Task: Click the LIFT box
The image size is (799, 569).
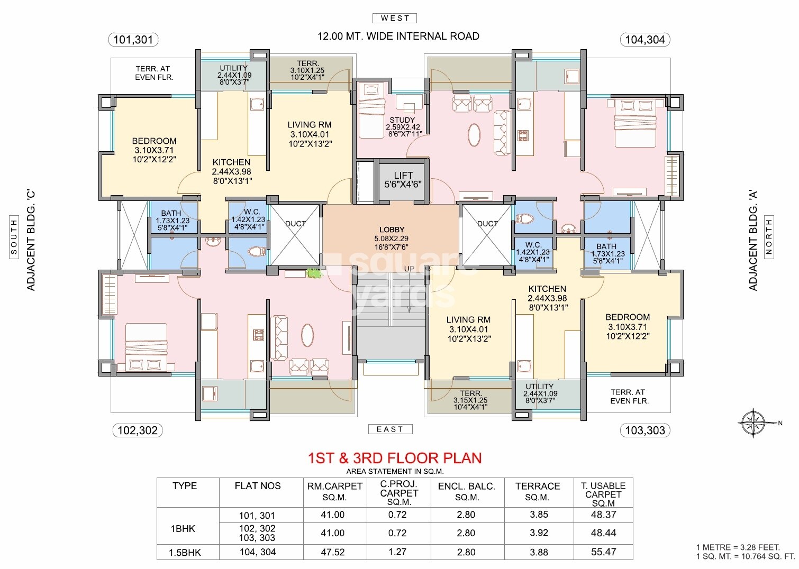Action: (x=403, y=180)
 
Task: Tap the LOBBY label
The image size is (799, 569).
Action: (x=392, y=230)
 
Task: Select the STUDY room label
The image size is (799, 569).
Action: (x=402, y=120)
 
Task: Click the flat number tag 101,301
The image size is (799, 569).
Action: (x=133, y=39)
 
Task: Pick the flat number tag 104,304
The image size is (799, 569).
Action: (x=644, y=39)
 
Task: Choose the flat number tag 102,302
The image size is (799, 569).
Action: (x=137, y=430)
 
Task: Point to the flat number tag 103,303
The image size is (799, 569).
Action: (x=644, y=430)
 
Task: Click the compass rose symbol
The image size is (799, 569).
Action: (x=754, y=423)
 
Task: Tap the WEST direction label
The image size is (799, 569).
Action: (x=395, y=18)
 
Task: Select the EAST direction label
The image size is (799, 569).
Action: (x=390, y=429)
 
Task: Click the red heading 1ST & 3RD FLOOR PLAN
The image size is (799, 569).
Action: (x=395, y=458)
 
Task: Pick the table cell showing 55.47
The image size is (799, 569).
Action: (x=603, y=552)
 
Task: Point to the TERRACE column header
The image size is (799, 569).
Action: (x=538, y=486)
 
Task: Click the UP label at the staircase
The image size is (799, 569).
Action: (x=409, y=269)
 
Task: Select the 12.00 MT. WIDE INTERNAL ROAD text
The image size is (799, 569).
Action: (x=398, y=36)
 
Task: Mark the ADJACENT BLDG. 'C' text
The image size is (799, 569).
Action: (x=31, y=241)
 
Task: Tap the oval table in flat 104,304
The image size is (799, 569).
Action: (x=475, y=135)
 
